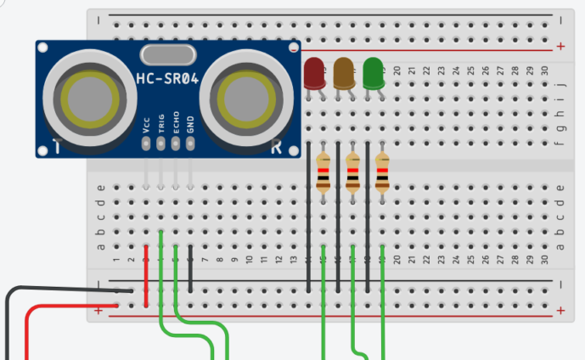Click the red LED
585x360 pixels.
(313, 72)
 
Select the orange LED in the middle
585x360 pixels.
(343, 72)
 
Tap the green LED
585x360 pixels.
(372, 72)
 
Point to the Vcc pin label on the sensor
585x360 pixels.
(147, 127)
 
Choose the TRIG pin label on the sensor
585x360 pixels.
(161, 125)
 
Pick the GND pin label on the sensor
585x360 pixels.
(190, 127)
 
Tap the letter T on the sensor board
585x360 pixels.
(57, 147)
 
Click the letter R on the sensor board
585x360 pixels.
(276, 147)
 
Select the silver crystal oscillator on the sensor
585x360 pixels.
(168, 55)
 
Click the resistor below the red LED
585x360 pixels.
(323, 175)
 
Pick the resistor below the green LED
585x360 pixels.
(382, 175)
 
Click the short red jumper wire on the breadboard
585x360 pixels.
(147, 276)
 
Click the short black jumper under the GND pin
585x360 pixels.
(190, 272)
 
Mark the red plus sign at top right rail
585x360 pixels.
(560, 46)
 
